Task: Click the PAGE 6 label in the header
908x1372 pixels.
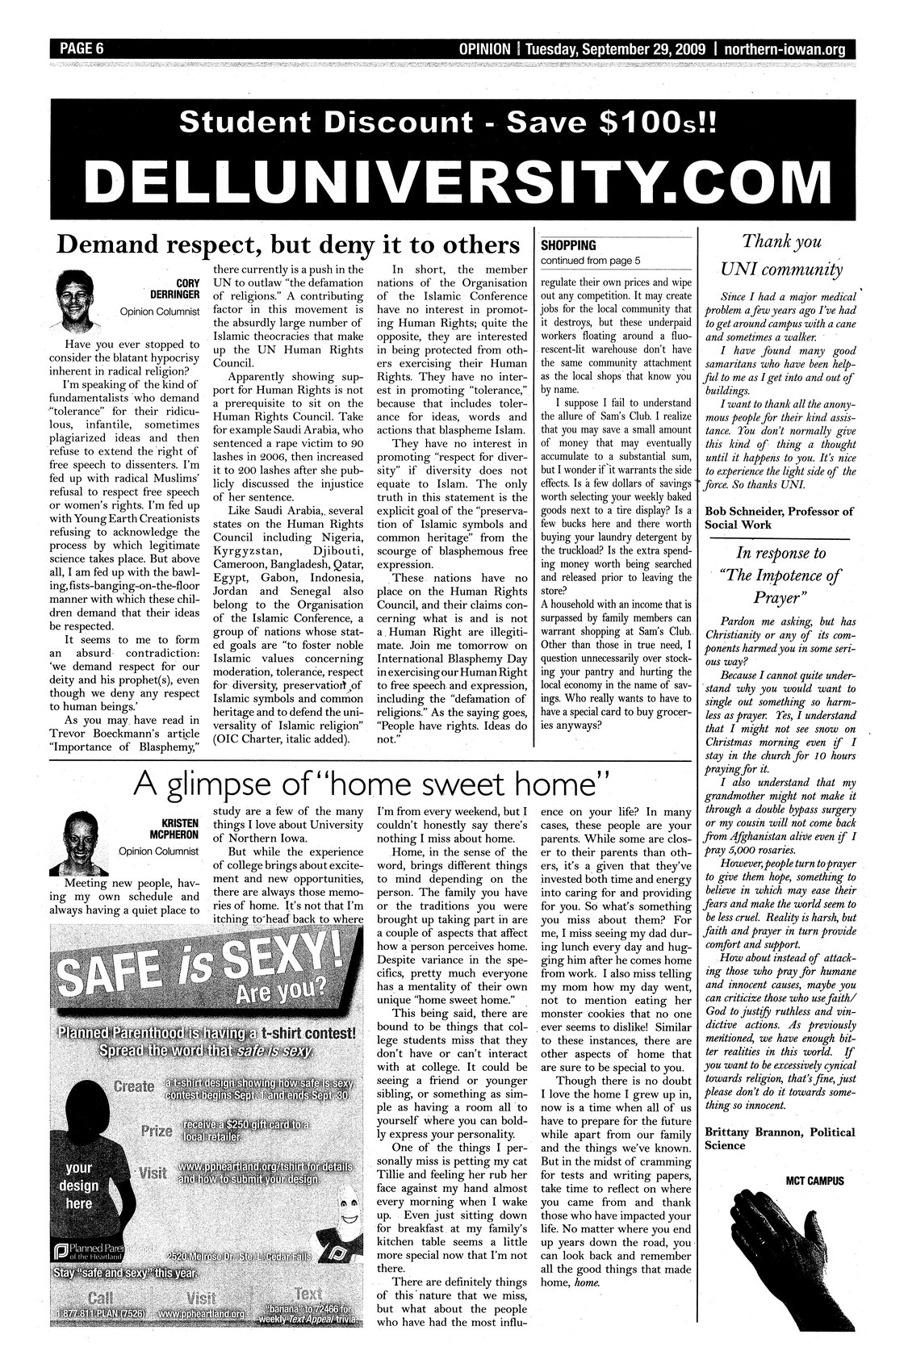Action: [x=81, y=48]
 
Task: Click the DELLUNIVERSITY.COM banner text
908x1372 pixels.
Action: [x=451, y=182]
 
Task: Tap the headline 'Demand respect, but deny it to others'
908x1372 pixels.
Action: [x=286, y=245]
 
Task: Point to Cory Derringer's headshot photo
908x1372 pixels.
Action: [x=81, y=299]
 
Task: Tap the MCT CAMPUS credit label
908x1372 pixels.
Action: [x=814, y=1181]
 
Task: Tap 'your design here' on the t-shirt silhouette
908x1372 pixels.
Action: [x=78, y=1186]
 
